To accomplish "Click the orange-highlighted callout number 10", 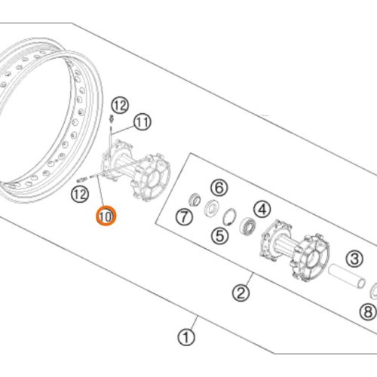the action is point(106,216).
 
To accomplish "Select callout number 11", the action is point(143,122).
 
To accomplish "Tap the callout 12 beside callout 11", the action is point(120,105).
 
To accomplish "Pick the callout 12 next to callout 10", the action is point(80,195).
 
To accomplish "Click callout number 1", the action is point(186,338).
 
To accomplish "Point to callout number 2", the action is point(241,293).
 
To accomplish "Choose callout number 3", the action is point(354,259).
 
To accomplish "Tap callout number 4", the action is point(262,210).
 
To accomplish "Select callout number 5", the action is point(219,235).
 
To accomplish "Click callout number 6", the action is point(219,188).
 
